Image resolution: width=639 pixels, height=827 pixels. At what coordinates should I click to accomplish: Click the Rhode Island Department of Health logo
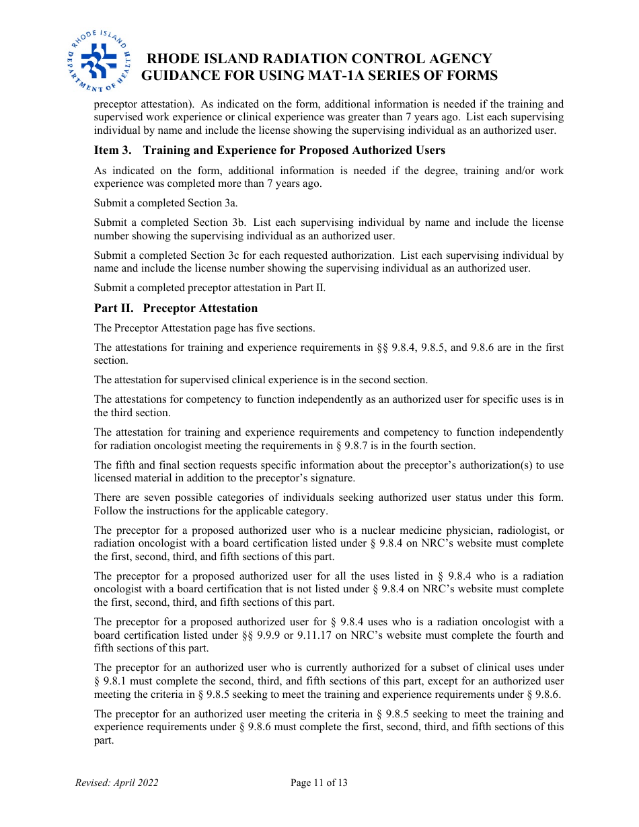pyautogui.click(x=98, y=61)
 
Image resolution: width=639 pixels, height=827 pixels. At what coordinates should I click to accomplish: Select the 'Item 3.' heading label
pyautogui.click(x=112, y=150)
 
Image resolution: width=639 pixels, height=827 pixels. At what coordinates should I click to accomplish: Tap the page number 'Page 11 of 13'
pyautogui.click(x=319, y=783)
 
